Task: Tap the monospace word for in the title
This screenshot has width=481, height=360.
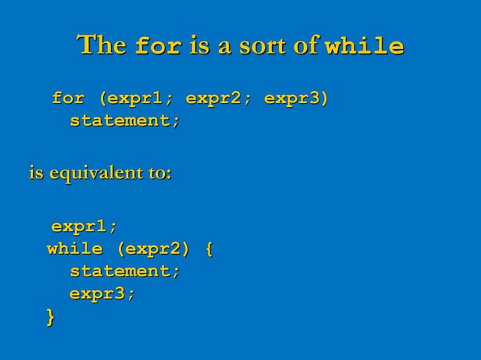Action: pos(158,47)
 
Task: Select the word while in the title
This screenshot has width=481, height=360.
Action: pos(364,47)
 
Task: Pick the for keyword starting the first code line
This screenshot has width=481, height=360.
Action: pos(68,99)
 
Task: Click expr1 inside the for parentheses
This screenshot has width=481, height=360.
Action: pos(140,99)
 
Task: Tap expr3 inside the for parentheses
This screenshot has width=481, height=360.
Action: pos(294,99)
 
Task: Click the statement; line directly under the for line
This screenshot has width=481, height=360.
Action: pos(125,121)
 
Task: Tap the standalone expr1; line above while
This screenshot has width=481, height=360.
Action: pos(84,227)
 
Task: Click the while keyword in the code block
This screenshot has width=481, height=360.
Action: pos(75,249)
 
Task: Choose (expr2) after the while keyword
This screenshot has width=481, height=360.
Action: pos(153,249)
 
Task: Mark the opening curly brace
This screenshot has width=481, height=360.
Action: pos(209,249)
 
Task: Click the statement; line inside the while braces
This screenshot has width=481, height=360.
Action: pos(125,271)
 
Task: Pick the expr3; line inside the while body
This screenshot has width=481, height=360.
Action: pos(103,294)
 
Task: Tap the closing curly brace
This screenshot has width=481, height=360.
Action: pos(51,317)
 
